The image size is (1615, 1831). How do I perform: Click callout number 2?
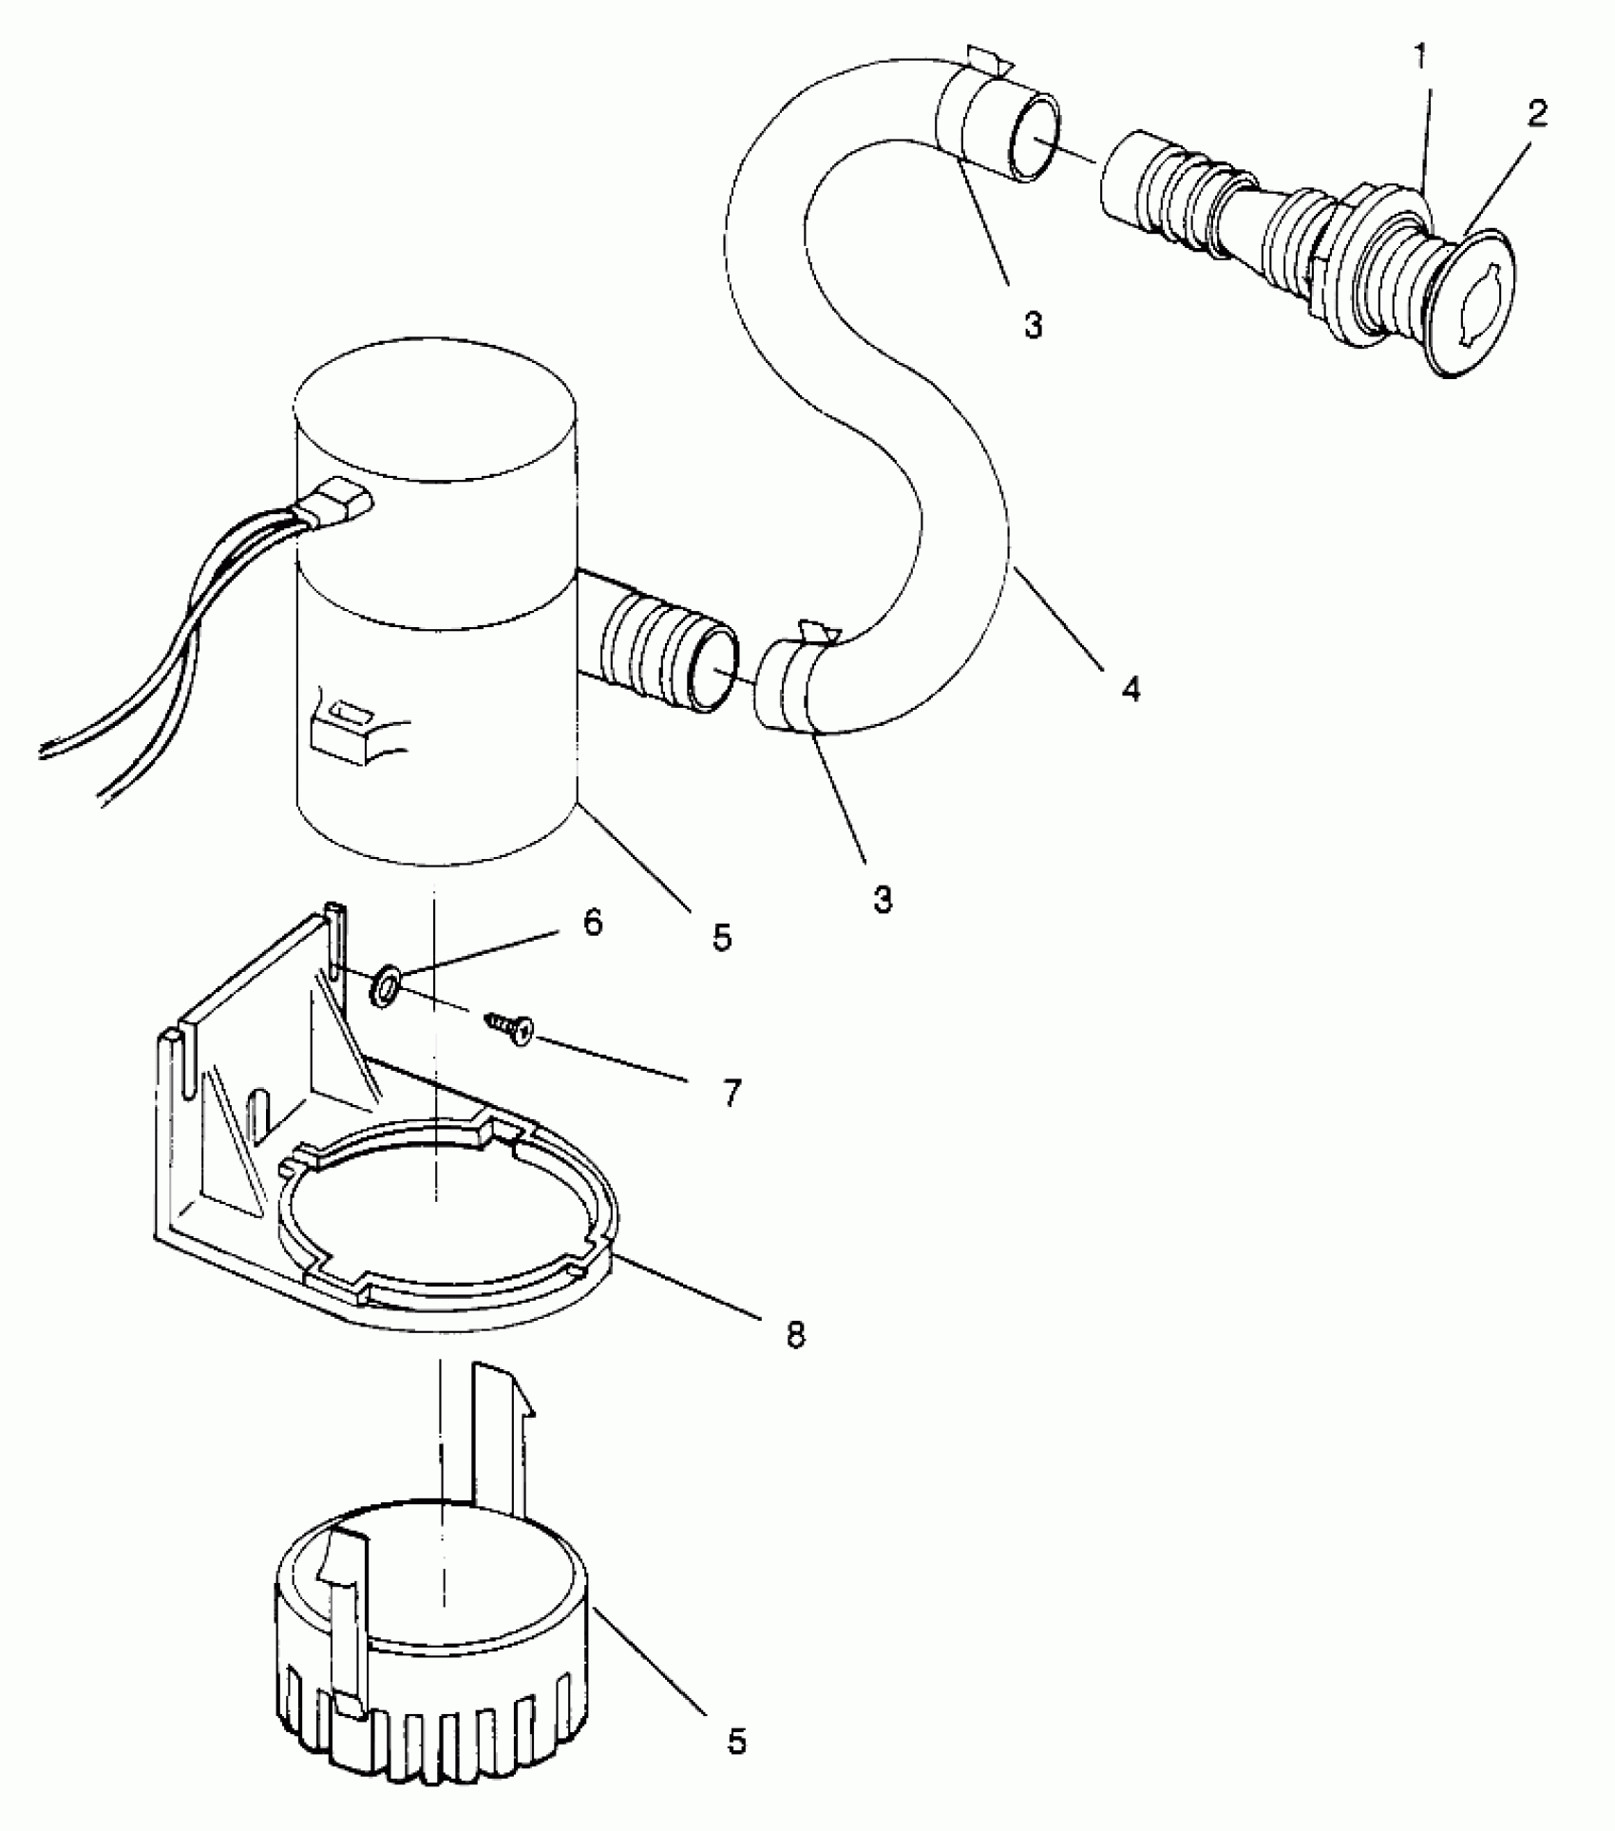1536,114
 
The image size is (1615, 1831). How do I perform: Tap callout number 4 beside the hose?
1130,688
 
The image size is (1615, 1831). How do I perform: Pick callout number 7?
730,1094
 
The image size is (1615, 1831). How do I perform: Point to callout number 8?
794,1334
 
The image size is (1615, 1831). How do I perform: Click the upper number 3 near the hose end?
1033,325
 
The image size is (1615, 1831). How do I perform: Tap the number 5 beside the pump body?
721,939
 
